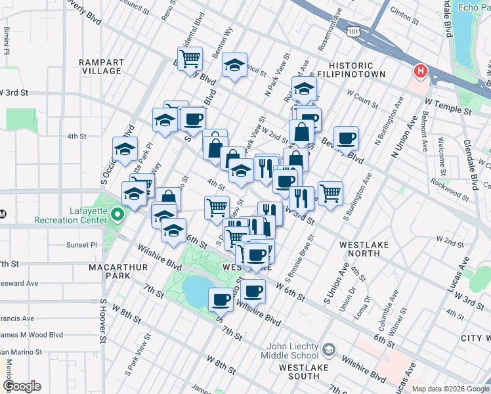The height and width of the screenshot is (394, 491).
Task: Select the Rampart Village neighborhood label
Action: pos(101,67)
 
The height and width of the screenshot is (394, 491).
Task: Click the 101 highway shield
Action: pos(354,31)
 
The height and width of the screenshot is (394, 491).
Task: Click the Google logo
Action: pos(22,386)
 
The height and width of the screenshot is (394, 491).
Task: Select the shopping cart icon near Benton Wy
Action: pos(190,58)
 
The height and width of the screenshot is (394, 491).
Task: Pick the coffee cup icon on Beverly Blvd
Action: pos(346,138)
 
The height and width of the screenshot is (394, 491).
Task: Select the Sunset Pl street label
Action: pos(83,245)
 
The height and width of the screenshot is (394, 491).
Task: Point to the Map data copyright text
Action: pos(450,389)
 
